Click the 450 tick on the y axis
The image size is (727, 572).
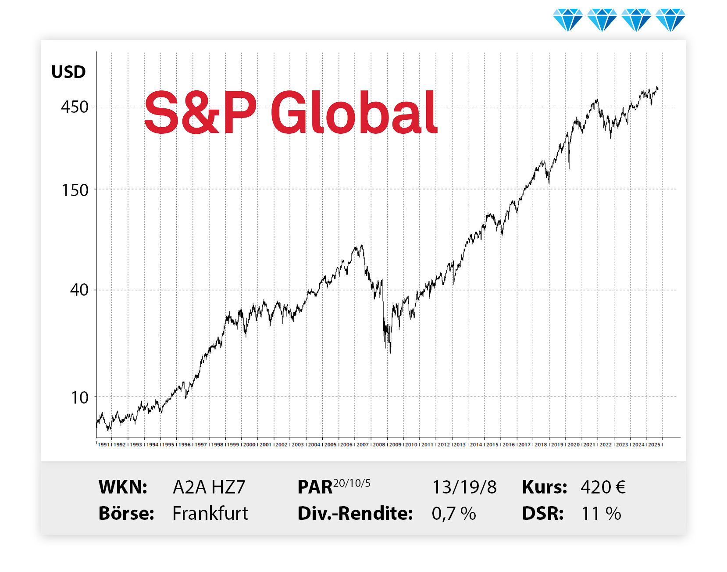point(75,107)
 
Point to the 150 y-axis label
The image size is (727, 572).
point(75,190)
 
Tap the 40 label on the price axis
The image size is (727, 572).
point(79,290)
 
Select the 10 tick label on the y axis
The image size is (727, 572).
point(80,397)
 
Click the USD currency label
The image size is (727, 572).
point(68,72)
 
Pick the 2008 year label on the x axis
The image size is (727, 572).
point(379,444)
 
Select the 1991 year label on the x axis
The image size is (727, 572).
point(103,444)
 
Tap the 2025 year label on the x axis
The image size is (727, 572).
point(654,444)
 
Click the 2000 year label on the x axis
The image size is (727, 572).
point(249,444)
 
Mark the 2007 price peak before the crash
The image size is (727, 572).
point(361,245)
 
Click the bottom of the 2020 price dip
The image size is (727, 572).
point(569,168)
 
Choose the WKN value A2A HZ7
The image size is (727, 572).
point(209,487)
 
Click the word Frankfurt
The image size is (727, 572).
point(210,513)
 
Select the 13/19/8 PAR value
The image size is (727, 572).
point(464,487)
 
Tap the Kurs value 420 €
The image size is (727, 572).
point(603,487)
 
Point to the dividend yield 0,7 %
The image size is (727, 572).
point(454,513)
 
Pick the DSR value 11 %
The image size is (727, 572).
point(601,513)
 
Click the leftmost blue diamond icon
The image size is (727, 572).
point(568,20)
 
